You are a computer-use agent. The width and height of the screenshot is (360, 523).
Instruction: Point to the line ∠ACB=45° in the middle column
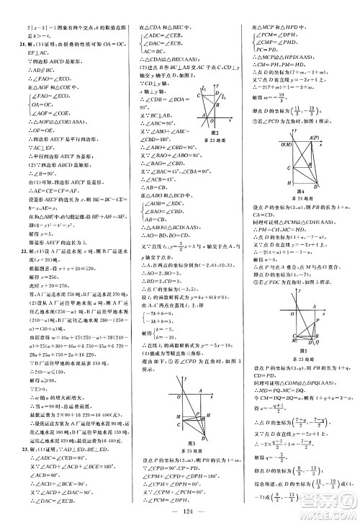click(148, 177)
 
